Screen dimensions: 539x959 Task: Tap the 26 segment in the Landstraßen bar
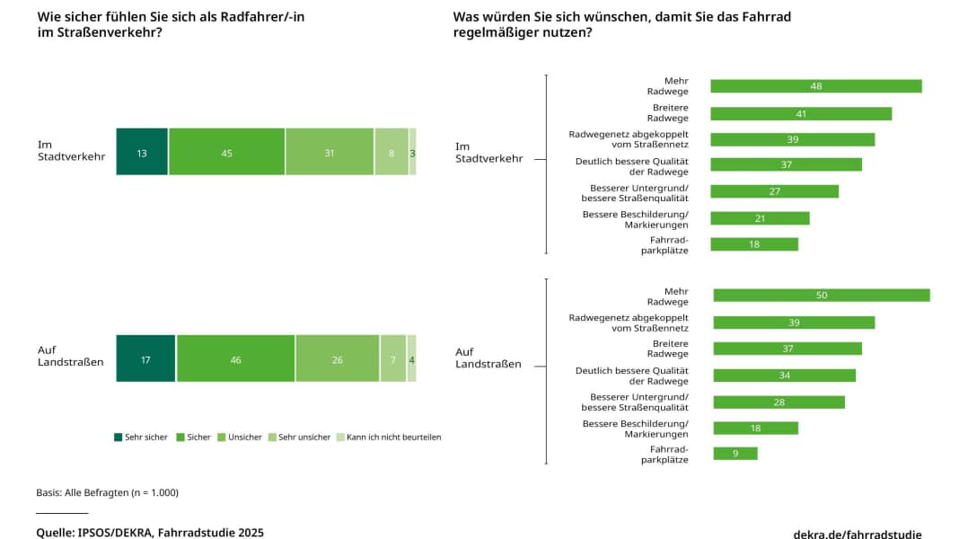pos(337,358)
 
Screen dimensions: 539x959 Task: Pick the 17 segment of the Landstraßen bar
pos(145,358)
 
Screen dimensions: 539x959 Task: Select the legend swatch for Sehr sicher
pos(119,437)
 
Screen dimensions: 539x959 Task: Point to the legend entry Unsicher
pos(244,437)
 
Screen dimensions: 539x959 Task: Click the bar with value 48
pos(815,86)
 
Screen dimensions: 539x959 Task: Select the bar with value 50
pos(821,295)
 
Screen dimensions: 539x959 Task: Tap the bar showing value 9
pos(735,454)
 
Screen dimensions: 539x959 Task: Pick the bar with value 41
pos(801,114)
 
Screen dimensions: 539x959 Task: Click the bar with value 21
pos(760,218)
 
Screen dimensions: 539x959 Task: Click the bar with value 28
pos(778,402)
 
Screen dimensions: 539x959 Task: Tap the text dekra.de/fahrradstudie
pos(857,534)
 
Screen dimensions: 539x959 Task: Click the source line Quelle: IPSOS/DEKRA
pos(150,532)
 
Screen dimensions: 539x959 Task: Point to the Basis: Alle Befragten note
pos(107,492)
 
